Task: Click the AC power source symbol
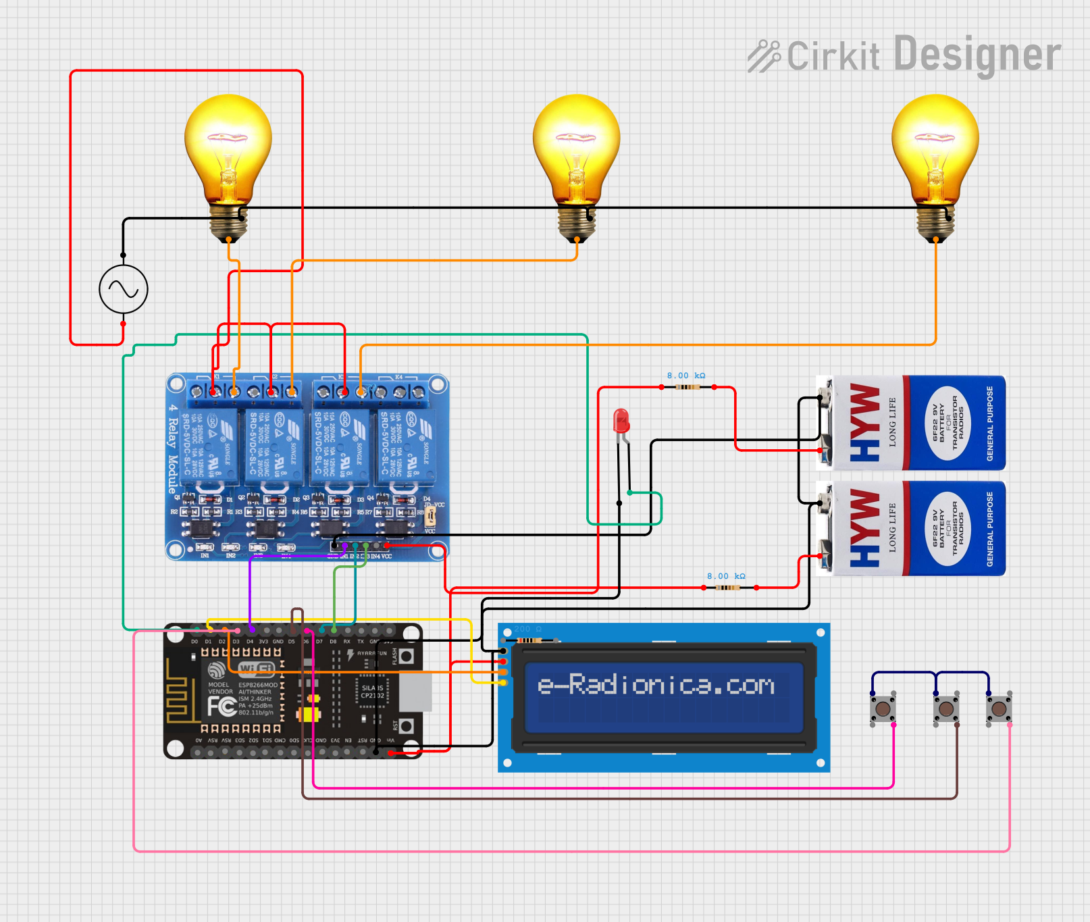click(x=123, y=289)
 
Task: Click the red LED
click(x=621, y=422)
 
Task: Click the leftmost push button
click(x=883, y=709)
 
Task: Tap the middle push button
click(x=946, y=709)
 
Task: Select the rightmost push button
click(x=999, y=709)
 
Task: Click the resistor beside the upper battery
click(x=687, y=387)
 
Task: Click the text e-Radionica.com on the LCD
click(x=656, y=685)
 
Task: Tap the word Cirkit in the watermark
click(x=833, y=55)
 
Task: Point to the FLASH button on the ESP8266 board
click(x=407, y=657)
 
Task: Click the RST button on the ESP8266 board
click(x=407, y=726)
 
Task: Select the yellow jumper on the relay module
click(x=430, y=517)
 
